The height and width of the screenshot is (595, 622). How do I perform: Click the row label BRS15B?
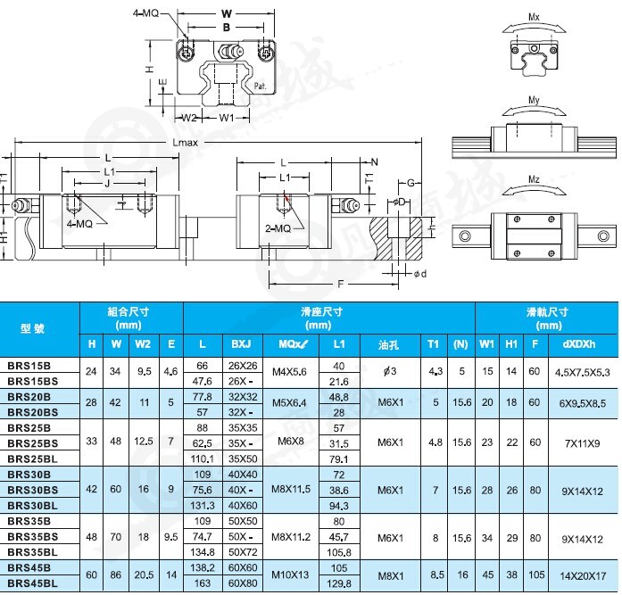tap(29, 366)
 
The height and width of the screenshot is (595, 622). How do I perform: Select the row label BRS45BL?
tap(33, 584)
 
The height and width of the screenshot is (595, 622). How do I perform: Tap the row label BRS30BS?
tap(33, 489)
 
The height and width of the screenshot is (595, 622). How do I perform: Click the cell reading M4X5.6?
tap(290, 373)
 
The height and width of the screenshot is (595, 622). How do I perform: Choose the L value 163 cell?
tap(203, 584)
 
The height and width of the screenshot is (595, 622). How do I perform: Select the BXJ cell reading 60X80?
tap(242, 584)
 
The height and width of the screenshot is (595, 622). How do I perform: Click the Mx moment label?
tap(534, 17)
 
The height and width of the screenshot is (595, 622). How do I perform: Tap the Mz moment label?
tap(534, 180)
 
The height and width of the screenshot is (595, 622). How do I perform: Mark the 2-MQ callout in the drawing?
tap(278, 229)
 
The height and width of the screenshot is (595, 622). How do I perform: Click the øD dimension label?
tap(400, 201)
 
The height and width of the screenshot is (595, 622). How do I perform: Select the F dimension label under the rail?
tap(339, 284)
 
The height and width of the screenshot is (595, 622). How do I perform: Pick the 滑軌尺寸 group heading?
tap(545, 311)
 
